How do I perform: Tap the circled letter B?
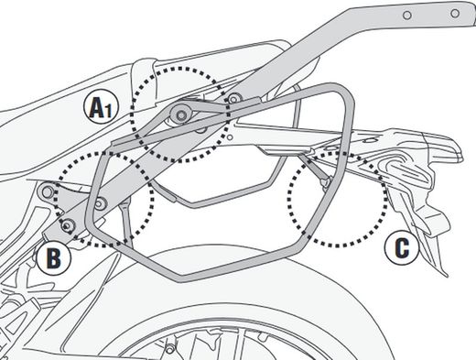tap(55, 259)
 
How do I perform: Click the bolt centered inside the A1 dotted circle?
tap(183, 113)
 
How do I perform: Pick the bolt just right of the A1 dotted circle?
tap(235, 98)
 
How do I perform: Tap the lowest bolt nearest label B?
tap(67, 224)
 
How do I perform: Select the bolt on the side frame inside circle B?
tap(97, 202)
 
